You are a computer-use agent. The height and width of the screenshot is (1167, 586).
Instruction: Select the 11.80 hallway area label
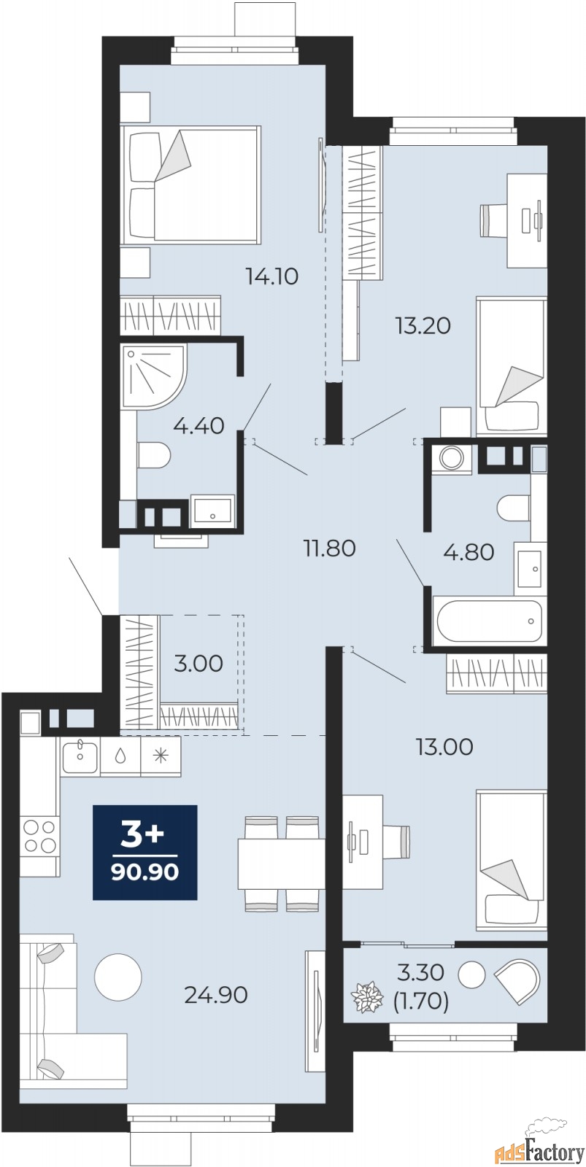tap(330, 548)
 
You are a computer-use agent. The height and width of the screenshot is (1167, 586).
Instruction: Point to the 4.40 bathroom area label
tap(198, 426)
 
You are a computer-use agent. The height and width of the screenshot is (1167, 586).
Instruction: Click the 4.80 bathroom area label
tap(469, 551)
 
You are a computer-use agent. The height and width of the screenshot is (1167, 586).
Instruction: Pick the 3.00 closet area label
tap(198, 663)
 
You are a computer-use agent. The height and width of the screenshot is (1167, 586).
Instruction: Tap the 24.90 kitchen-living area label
tap(216, 995)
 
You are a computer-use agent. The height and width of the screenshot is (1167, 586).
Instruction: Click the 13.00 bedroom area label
tap(444, 747)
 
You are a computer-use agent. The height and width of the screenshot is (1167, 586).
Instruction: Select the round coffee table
tap(118, 977)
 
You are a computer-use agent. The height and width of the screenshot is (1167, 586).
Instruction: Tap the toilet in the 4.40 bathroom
tap(154, 455)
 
